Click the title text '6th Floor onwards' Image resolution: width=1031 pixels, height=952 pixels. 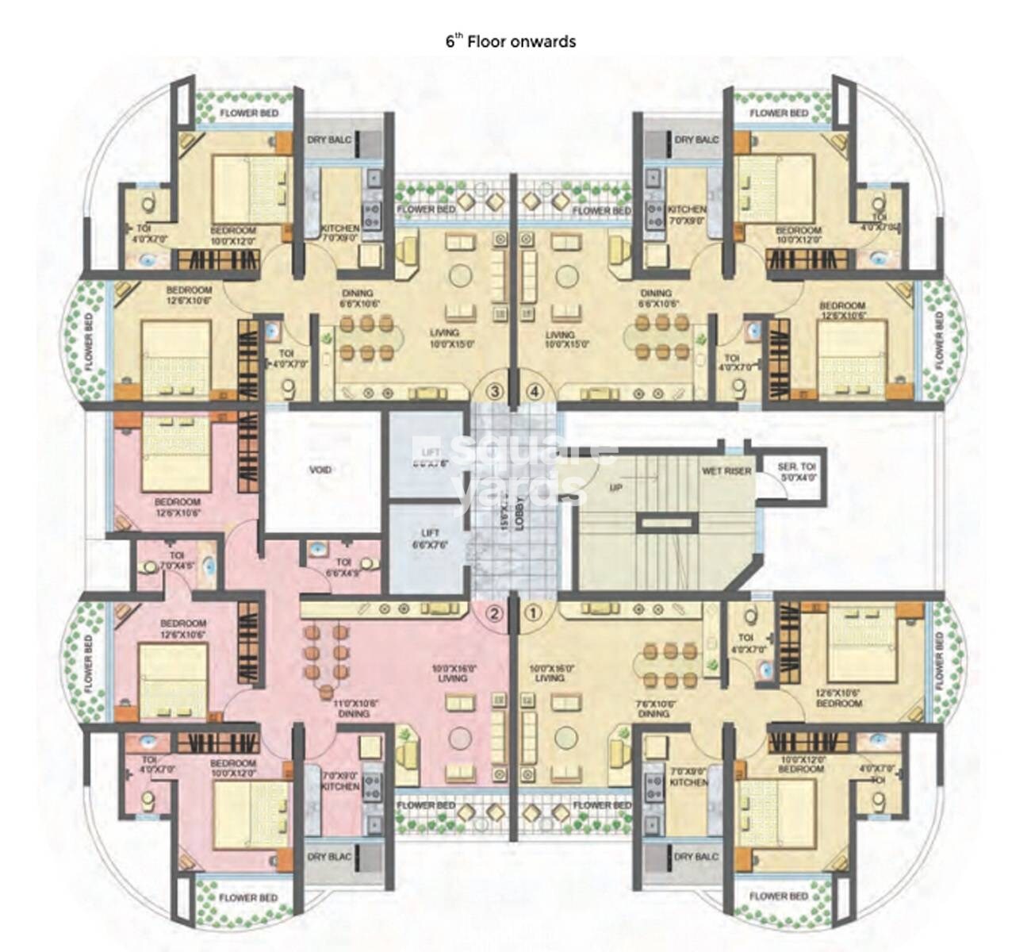tap(511, 41)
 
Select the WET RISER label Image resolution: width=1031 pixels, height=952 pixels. tap(726, 471)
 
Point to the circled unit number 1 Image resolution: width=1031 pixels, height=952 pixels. tap(533, 612)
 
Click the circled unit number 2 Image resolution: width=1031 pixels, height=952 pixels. tap(494, 612)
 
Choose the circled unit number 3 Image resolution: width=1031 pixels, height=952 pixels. tap(494, 390)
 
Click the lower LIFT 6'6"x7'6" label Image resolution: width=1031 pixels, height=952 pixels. tap(429, 539)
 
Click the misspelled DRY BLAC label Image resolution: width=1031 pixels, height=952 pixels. tap(328, 857)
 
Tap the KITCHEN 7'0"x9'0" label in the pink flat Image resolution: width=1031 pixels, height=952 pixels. tap(341, 781)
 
